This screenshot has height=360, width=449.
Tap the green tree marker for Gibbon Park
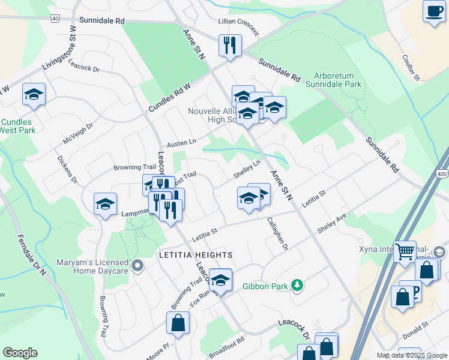296,285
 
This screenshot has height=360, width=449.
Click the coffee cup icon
433,11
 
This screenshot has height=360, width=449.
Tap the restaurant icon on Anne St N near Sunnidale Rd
229,45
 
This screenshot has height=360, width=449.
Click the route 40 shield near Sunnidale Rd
55,19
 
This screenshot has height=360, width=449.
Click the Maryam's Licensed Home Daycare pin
137,265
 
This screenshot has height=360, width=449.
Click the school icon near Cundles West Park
34,94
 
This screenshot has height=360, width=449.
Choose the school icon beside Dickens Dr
105,203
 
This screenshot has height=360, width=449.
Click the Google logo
20,353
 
